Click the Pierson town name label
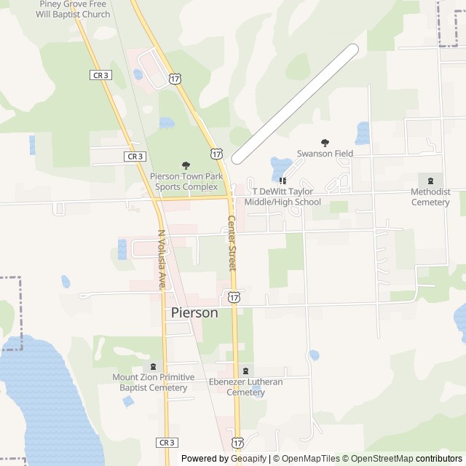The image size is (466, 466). [x=194, y=312]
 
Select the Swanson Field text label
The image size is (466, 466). [x=325, y=154]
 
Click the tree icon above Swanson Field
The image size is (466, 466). [x=325, y=143]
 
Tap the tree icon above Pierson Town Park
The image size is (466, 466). [x=186, y=166]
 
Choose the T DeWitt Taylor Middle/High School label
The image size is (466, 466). [x=283, y=197]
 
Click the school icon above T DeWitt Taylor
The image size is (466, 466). [x=283, y=181]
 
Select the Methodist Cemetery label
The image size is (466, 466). [x=430, y=197]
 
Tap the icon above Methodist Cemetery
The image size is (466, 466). [x=430, y=181]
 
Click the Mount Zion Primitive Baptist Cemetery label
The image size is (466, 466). [x=153, y=382]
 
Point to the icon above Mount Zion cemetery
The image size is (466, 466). [x=153, y=366]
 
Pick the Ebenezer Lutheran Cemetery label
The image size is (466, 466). [x=245, y=387]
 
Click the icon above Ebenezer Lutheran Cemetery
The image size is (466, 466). [x=245, y=371]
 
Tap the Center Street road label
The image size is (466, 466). [x=232, y=243]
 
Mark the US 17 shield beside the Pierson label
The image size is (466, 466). [x=233, y=297]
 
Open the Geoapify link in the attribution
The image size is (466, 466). [x=250, y=459]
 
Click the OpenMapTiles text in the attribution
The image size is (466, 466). [x=310, y=459]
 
